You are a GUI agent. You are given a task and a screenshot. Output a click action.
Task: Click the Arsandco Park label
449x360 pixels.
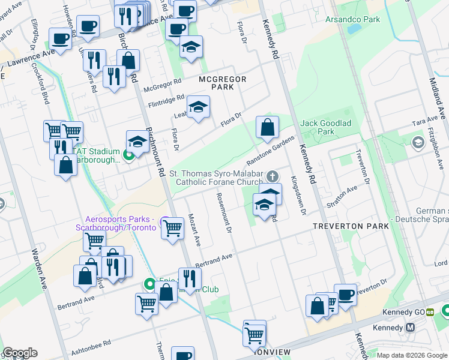352,20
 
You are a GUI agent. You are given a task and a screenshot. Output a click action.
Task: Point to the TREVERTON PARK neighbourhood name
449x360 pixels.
350,226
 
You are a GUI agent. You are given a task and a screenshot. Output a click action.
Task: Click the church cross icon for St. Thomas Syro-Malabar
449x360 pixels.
273,176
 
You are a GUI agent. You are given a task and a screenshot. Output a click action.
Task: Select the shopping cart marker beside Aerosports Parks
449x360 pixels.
172,228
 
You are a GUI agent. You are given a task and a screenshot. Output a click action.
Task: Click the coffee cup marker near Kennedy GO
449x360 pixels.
345,295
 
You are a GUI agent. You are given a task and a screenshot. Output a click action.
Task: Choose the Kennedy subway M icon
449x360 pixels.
411,328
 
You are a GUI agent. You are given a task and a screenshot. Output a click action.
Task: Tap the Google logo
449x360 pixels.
20,353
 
